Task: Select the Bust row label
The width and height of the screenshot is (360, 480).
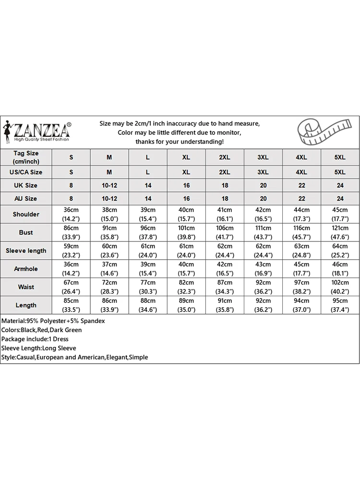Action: [x=26, y=232]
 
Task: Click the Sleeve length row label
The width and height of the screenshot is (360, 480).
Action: [x=26, y=251]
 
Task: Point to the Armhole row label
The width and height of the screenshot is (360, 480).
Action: [x=26, y=269]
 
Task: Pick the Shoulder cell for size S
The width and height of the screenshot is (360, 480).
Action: [x=71, y=214]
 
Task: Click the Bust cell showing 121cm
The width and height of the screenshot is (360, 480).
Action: [x=340, y=232]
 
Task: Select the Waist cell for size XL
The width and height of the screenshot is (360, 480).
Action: [x=186, y=287]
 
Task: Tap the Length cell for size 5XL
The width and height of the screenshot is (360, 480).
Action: [x=340, y=305]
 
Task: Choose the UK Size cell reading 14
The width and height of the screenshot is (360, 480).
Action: [x=148, y=185]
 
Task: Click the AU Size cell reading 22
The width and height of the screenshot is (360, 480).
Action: [x=301, y=198]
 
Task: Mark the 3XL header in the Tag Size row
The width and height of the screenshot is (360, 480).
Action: [x=263, y=157]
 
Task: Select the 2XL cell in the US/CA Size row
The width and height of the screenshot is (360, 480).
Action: [x=225, y=172]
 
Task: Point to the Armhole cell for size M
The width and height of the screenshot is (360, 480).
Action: [x=109, y=269]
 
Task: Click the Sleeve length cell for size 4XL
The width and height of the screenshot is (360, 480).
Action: [x=301, y=251]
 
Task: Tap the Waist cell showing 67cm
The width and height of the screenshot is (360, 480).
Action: [x=71, y=287]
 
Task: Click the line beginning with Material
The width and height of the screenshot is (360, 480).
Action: [x=53, y=321]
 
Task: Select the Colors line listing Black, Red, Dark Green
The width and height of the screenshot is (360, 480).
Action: [x=42, y=330]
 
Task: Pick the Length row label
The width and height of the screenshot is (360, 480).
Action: [x=26, y=305]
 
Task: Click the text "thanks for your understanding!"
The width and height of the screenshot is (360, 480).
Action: [x=180, y=142]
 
